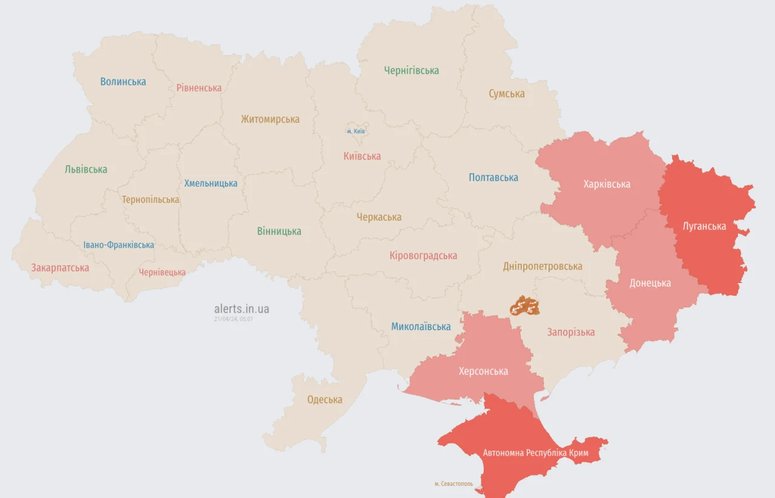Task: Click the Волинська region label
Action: point(123,81)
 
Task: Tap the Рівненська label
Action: point(199,88)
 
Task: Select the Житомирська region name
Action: point(270,119)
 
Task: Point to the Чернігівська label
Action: point(411,70)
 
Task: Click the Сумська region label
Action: point(507,94)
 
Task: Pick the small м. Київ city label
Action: point(355,131)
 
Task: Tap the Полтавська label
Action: point(493,178)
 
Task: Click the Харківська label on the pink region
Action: point(607,184)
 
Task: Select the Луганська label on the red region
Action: point(704,226)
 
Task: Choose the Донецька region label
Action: point(650,283)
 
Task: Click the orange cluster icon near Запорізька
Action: point(524,306)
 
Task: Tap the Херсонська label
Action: point(483,371)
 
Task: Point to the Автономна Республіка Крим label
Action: point(535,453)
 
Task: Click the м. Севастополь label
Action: point(453,483)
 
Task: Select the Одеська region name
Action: point(325,399)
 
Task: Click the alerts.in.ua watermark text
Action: point(242,309)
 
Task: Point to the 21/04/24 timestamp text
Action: point(233,319)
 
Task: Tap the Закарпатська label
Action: point(60,268)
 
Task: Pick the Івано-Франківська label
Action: point(119,245)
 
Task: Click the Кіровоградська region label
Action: point(423,256)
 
